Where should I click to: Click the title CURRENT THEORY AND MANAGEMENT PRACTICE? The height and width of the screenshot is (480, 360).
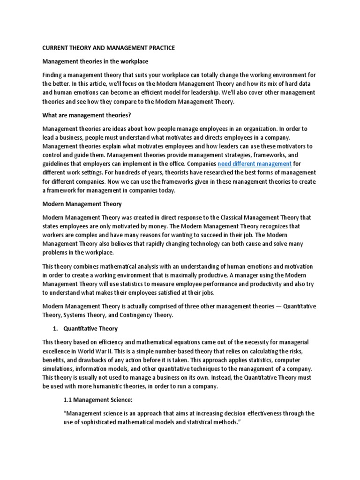109,48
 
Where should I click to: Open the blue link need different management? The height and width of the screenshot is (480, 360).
255,164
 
